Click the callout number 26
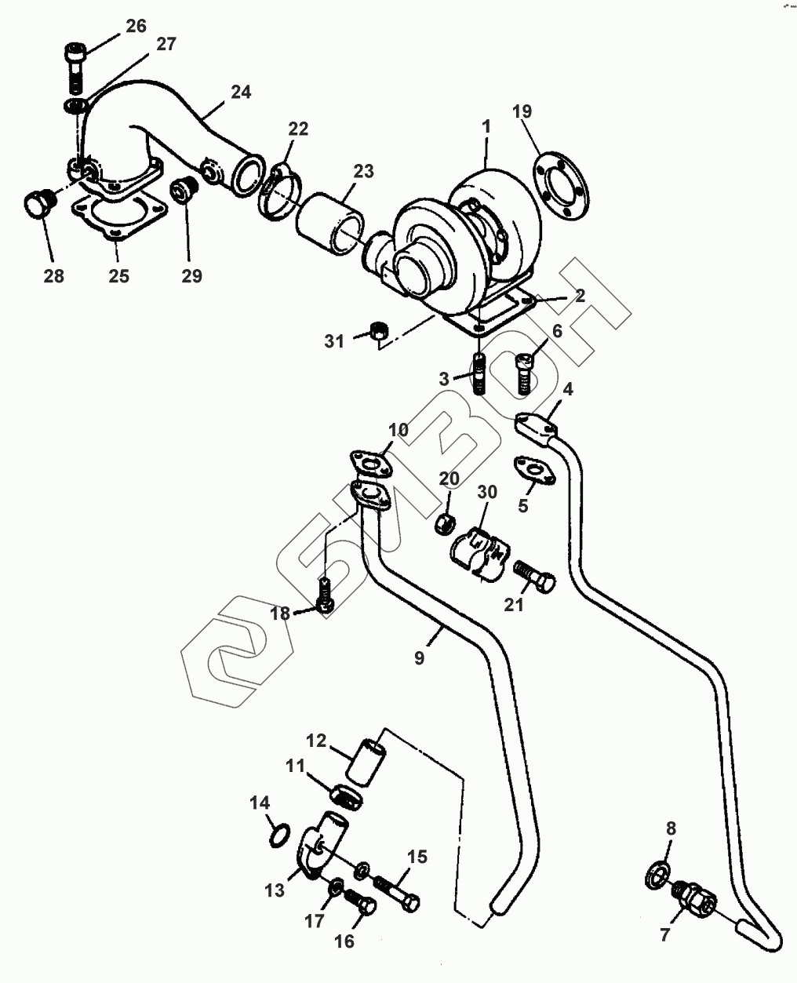pos(136,26)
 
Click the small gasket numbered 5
pos(535,470)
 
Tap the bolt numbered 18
pos(327,594)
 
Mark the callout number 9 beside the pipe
pos(419,657)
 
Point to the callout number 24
pos(241,92)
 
